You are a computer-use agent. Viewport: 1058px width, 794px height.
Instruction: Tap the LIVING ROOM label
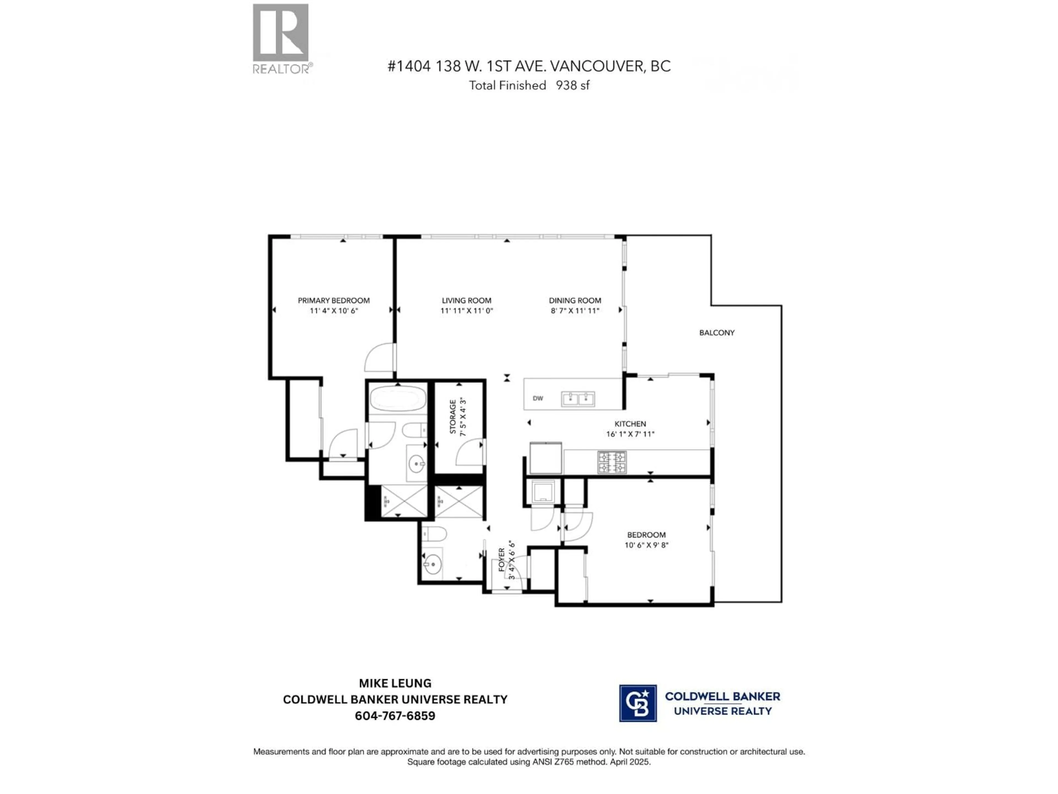(466, 301)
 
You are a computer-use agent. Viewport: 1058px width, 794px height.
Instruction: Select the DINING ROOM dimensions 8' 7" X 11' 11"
(575, 311)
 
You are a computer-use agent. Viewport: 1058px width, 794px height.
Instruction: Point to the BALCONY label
(717, 333)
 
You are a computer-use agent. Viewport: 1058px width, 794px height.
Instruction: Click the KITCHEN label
(630, 423)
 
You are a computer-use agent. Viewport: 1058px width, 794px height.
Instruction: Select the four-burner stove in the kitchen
(611, 462)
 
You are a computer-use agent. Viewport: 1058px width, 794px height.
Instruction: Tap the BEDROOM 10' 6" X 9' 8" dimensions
(646, 545)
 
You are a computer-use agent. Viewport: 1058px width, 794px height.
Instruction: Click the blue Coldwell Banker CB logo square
(638, 703)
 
